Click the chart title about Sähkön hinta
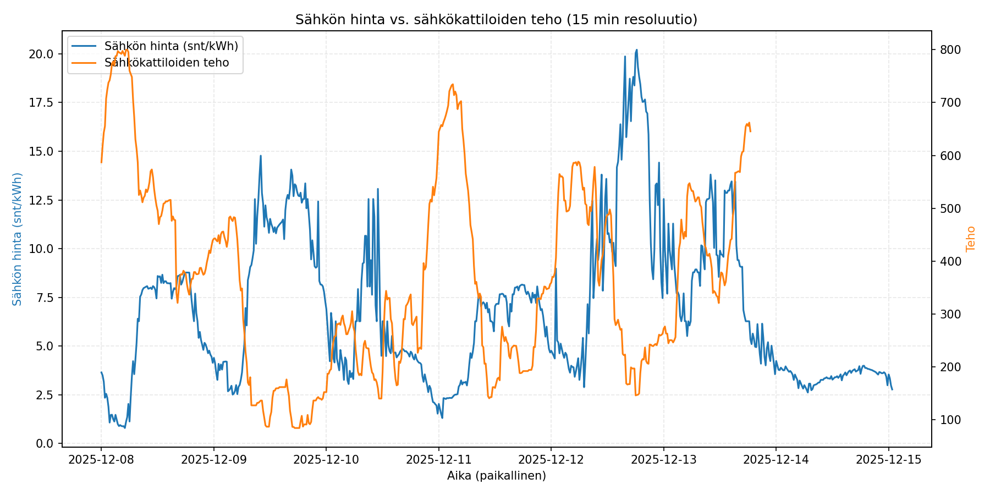coord(496,20)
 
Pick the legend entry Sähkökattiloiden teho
coord(166,63)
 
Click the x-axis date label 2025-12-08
coord(101,460)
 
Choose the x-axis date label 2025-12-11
coord(439,460)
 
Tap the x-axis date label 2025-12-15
coord(888,460)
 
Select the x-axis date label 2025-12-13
coord(664,460)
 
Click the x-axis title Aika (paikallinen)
coord(496,476)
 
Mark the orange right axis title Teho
coord(971,239)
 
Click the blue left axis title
coord(18,239)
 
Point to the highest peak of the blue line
coord(636,50)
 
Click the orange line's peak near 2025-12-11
coord(452,84)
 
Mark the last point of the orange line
coord(750,131)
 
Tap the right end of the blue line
coord(892,389)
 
